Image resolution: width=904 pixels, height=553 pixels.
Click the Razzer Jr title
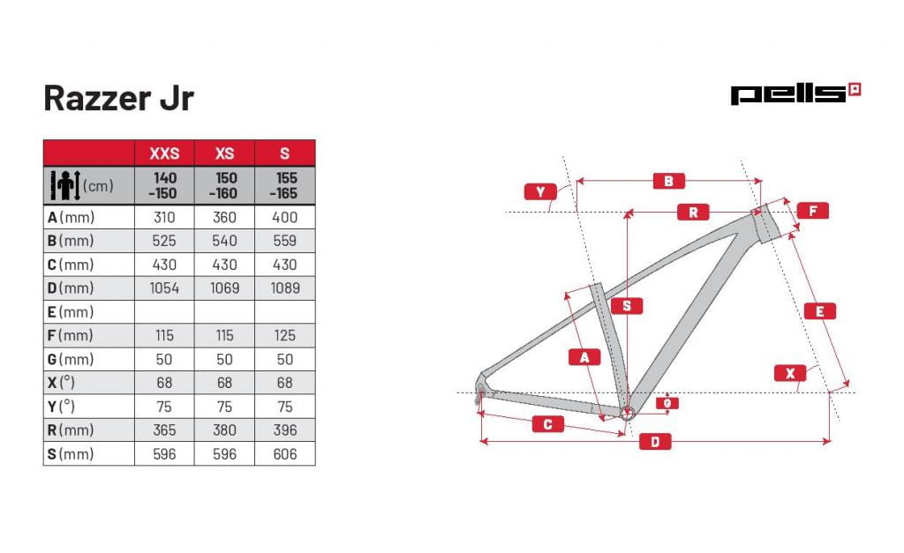coord(119,99)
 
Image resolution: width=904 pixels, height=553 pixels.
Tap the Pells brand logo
coord(795,93)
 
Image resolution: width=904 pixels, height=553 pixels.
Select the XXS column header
coord(164,153)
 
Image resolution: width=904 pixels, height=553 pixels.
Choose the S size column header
coord(285,153)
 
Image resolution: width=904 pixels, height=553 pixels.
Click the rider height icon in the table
coord(65,185)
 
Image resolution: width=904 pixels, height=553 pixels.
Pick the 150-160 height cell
coord(224,185)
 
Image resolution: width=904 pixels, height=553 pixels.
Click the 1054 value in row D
coord(164,288)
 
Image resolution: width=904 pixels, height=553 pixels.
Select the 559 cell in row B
coord(285,241)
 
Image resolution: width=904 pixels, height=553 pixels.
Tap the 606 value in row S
coord(285,454)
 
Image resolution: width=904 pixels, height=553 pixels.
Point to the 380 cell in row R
coord(224,430)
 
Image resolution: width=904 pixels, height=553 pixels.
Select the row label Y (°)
coord(61,407)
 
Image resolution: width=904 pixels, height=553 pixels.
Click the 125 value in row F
coord(285,335)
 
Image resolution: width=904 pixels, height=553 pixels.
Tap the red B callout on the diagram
coord(669,181)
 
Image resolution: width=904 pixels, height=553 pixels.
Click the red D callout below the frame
coord(655,442)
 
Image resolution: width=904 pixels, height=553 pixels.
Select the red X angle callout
coord(790,373)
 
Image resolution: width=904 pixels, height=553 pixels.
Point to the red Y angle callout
coord(540,191)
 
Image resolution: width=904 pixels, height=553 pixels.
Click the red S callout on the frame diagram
coord(627,306)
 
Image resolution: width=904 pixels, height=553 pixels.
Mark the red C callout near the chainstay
coord(547,424)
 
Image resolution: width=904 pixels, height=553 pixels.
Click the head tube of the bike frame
coord(766,223)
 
